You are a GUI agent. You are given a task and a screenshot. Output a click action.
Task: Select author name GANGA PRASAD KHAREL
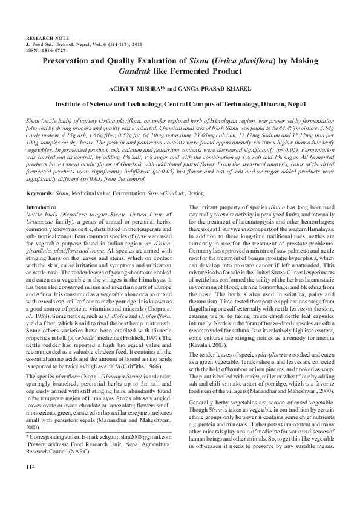pos(216,88)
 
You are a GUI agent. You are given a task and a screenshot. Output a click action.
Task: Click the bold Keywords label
pos(39,193)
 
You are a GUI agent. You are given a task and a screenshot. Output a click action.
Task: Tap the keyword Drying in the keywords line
pos(195,193)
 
